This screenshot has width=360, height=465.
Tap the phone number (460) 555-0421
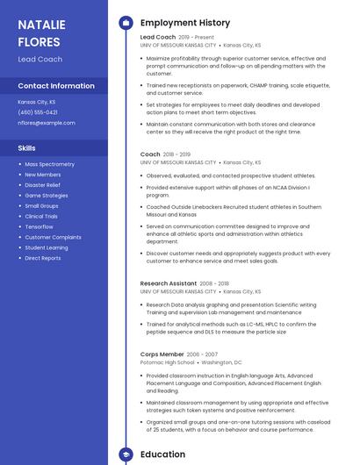38,112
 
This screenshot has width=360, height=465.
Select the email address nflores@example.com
47,123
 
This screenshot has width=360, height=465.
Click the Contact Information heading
56,86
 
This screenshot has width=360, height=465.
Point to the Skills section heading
27,148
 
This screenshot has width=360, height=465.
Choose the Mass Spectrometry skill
49,164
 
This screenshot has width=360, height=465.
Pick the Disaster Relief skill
42,185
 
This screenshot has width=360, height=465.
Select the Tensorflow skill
39,226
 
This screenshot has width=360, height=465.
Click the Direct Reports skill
43,258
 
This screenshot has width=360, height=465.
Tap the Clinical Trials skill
41,216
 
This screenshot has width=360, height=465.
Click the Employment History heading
185,23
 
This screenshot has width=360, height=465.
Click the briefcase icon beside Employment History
126,23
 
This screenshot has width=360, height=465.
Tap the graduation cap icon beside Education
126,454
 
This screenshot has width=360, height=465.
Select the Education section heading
162,454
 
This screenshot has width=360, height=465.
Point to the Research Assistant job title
168,283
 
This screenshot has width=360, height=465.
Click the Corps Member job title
162,354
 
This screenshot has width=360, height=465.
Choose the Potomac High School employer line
167,361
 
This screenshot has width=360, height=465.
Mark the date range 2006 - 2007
201,354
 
